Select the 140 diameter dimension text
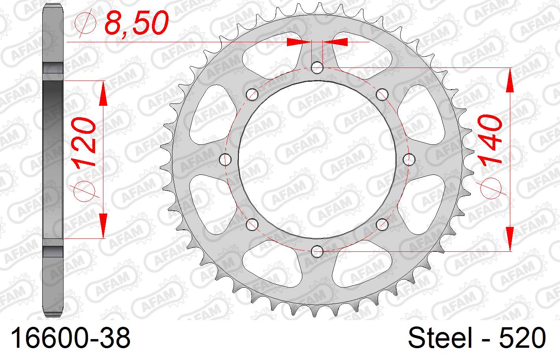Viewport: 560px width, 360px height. click(490, 140)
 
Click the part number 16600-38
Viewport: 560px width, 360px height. click(71, 339)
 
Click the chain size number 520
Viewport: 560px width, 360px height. click(523, 339)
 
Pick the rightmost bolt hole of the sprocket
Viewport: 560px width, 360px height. click(409, 159)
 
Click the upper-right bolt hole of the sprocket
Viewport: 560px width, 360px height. click(382, 95)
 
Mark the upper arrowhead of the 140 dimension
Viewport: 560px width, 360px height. click(510, 81)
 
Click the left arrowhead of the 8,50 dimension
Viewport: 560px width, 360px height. click(299, 42)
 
